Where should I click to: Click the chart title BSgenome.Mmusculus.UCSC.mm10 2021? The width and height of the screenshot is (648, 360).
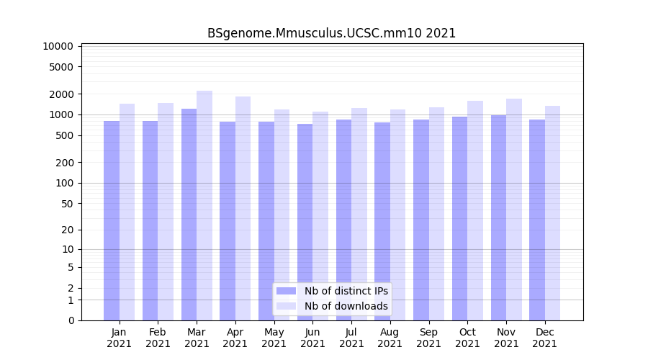(331, 33)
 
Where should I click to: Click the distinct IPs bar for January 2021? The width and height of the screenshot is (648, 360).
(112, 220)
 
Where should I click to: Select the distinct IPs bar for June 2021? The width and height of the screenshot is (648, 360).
(305, 222)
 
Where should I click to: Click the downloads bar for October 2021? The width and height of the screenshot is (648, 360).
(475, 210)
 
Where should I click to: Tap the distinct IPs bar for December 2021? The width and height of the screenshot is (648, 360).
(537, 220)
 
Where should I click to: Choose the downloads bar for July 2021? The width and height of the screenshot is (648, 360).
(359, 214)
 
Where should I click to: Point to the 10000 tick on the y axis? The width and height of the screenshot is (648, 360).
(58, 46)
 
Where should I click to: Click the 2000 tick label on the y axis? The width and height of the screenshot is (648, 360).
(61, 94)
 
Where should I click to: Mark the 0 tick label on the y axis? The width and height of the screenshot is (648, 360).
(71, 320)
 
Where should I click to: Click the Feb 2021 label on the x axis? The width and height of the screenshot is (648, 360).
(158, 338)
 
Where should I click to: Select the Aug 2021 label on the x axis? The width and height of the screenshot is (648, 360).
(390, 338)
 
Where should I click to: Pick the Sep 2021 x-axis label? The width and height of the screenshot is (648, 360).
(428, 338)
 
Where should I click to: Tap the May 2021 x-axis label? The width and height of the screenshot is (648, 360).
(274, 338)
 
